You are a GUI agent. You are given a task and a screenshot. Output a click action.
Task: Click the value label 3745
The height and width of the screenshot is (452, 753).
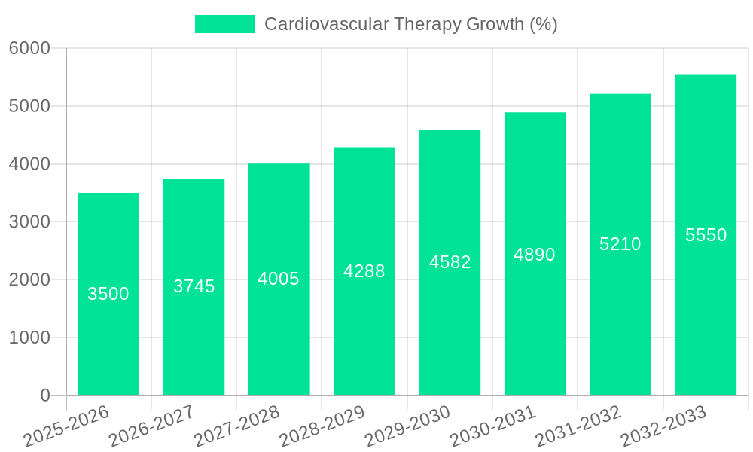tap(194, 286)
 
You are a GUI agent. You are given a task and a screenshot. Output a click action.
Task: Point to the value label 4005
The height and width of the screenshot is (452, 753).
tap(279, 279)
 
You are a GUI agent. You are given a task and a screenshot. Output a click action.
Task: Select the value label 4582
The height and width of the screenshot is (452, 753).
tap(450, 262)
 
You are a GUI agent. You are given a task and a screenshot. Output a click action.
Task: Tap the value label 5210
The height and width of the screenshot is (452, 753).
tap(620, 244)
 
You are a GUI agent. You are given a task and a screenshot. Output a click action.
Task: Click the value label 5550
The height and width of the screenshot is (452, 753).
tap(706, 235)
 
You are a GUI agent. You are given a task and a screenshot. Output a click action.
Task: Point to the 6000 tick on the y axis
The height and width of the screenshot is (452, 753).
tap(29, 48)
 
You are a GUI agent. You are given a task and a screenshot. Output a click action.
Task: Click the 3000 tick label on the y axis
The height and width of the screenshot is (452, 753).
tap(29, 222)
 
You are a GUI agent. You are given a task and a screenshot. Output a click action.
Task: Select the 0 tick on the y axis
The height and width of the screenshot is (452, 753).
tap(44, 395)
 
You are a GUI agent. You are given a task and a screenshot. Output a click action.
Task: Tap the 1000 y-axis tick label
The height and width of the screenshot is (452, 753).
tap(29, 337)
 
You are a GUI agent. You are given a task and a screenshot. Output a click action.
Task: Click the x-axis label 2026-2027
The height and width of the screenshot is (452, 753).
tap(151, 427)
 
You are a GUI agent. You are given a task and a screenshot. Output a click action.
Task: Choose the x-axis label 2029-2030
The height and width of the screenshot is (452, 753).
tap(407, 427)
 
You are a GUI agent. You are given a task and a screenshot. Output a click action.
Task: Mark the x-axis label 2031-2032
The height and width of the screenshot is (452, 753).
tap(578, 427)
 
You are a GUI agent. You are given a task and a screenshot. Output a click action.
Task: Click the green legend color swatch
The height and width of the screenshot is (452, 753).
tap(224, 24)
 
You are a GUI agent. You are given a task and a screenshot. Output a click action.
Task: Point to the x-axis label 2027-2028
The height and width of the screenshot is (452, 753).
tap(236, 427)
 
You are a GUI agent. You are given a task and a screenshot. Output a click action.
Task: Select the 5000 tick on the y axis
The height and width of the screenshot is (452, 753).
tap(29, 106)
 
